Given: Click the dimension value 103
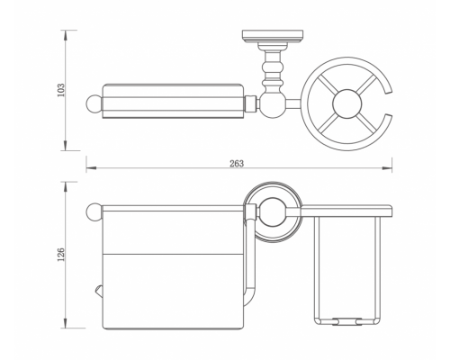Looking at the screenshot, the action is [x=61, y=90].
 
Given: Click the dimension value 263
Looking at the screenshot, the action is [x=237, y=164].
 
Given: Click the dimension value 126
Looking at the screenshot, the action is [x=61, y=254].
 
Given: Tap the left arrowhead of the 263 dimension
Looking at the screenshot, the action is [x=91, y=167].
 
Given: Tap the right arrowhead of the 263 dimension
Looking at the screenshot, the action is [x=387, y=167].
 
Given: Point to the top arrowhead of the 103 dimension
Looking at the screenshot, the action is [x=66, y=35].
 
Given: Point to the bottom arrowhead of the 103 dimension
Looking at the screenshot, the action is [x=66, y=146].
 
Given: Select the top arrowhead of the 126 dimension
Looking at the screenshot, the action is [x=66, y=186].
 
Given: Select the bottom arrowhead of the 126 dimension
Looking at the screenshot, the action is [x=66, y=323].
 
